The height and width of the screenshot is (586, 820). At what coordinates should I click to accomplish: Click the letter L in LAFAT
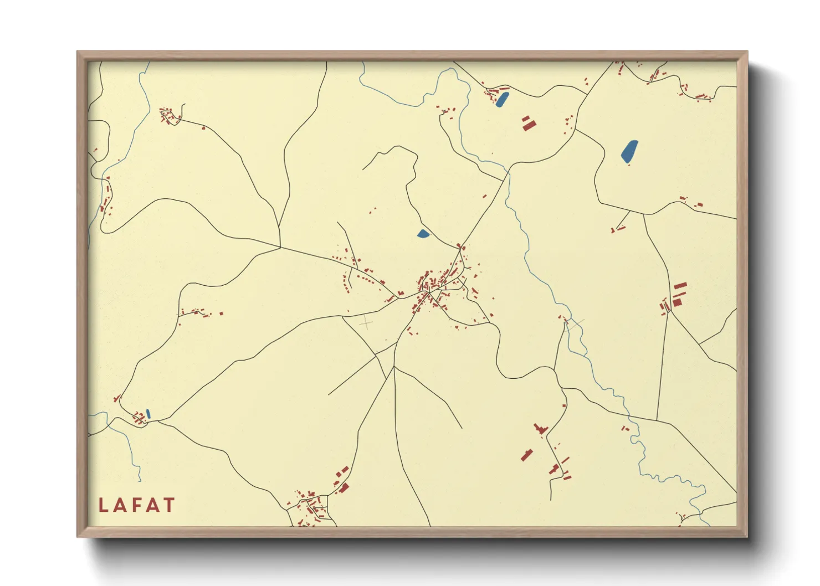(x=103, y=505)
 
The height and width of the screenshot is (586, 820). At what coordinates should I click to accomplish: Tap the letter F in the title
(x=136, y=505)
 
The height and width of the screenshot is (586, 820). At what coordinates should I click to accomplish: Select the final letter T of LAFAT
(x=168, y=505)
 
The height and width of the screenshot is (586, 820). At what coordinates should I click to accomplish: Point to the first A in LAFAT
(x=120, y=505)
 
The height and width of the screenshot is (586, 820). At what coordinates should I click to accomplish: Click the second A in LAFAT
(x=152, y=505)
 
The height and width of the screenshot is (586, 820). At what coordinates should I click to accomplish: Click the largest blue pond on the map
(x=629, y=151)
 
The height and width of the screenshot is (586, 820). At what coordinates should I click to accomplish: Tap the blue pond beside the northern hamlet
(x=502, y=100)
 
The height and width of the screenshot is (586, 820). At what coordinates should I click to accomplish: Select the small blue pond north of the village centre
(x=423, y=234)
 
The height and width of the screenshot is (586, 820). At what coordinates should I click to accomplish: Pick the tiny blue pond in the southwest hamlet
(x=148, y=413)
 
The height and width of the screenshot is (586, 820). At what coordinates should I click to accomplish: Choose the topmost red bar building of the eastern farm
(x=680, y=286)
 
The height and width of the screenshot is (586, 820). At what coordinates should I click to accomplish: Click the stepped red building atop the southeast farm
(x=540, y=429)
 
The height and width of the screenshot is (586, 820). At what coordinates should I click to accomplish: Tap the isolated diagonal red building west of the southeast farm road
(x=526, y=455)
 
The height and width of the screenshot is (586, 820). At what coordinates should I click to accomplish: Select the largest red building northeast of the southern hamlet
(x=344, y=488)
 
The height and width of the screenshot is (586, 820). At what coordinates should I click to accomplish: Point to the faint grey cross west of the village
(x=366, y=322)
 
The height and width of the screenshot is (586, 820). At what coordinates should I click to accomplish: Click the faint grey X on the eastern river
(x=575, y=325)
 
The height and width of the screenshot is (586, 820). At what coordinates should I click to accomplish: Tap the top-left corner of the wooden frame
(x=77, y=52)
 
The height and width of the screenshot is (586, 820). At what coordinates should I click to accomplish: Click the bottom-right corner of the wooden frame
(x=747, y=537)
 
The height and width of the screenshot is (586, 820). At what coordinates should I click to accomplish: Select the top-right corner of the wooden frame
(x=747, y=52)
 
